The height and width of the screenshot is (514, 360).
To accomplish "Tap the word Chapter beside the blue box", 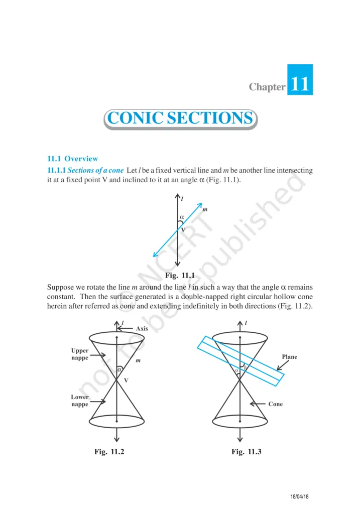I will [267, 87].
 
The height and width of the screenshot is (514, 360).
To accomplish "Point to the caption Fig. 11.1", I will [179, 275].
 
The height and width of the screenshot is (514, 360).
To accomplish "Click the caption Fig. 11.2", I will [109, 452].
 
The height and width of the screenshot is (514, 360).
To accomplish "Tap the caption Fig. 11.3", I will [247, 452].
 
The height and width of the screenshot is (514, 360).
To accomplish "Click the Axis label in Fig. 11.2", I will [141, 328].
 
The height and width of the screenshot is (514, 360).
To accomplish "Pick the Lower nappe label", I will [80, 401].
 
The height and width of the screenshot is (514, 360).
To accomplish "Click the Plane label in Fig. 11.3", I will [289, 357].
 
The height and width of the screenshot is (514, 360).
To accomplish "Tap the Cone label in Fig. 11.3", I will [275, 404].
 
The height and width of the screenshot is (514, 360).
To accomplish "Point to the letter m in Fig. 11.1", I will [205, 209].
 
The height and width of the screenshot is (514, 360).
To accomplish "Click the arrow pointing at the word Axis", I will [126, 328].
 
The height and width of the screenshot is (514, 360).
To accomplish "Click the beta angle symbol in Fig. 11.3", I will [245, 367].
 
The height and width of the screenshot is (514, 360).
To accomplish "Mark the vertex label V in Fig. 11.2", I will [126, 380].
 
